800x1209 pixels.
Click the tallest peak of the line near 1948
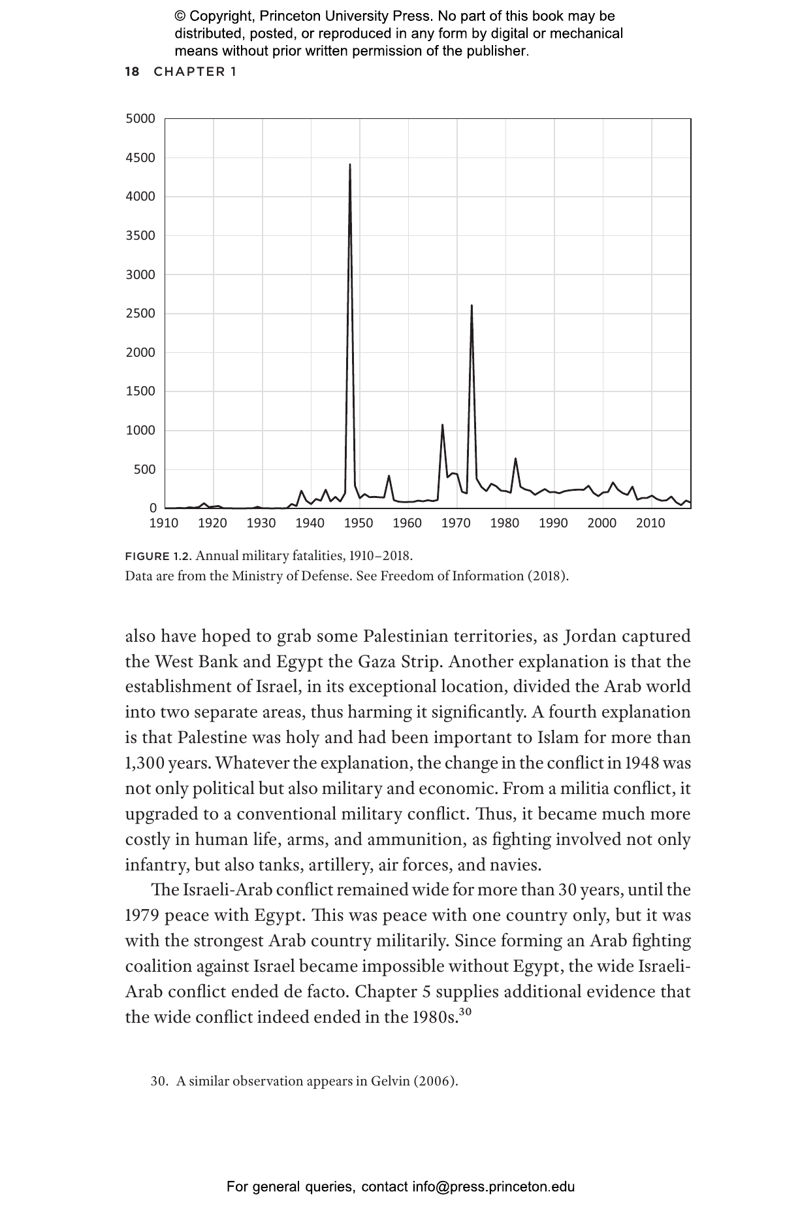[350, 165]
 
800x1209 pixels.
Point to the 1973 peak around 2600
[472, 306]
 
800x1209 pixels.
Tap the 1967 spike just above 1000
[442, 425]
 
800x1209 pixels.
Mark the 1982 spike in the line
[515, 459]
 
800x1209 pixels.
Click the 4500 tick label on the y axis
[140, 157]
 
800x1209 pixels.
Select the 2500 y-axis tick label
[140, 314]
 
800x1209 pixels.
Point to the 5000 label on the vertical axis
[140, 119]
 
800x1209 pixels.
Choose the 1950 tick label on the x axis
[359, 523]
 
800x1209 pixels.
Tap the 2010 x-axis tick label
[650, 523]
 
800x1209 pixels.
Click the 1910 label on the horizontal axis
[164, 523]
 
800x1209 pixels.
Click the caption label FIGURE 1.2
[157, 557]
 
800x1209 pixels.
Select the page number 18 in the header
[132, 72]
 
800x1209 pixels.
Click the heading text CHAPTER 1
[195, 72]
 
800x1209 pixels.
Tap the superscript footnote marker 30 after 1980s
[464, 1012]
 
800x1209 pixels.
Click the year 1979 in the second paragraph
[142, 916]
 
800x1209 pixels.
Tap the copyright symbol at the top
[180, 16]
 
